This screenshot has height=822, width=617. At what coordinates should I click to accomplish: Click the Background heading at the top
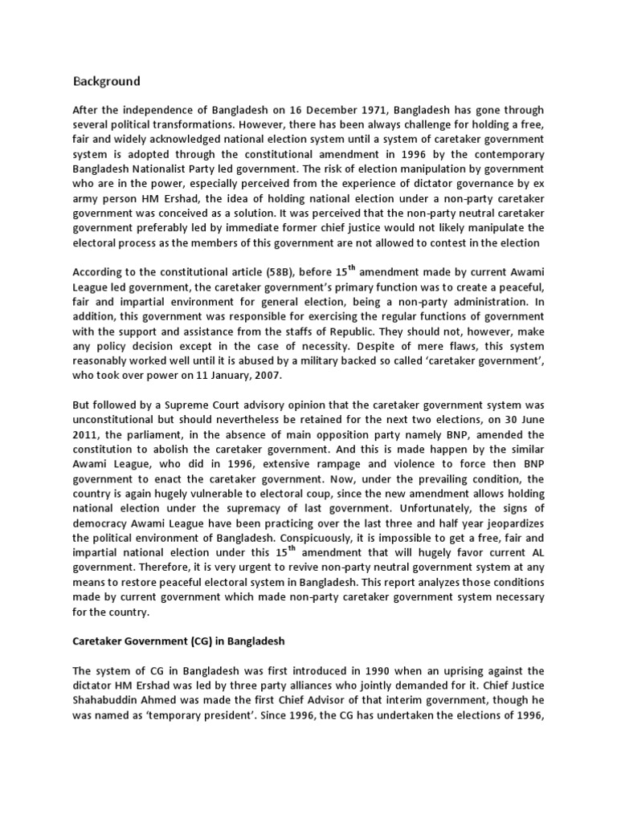pyautogui.click(x=106, y=81)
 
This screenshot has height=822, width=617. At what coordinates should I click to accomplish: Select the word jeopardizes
pyautogui.click(x=513, y=534)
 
